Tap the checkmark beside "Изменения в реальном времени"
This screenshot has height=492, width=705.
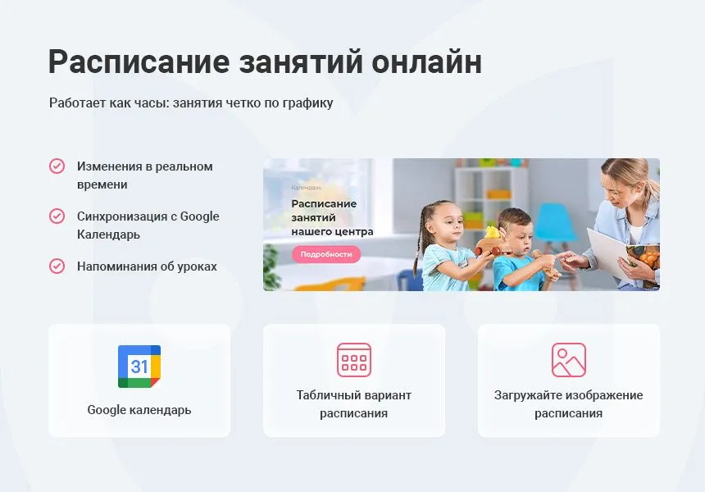click(x=57, y=166)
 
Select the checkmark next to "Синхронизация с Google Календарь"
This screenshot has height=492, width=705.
click(x=57, y=216)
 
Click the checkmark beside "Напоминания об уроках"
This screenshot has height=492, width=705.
click(x=57, y=266)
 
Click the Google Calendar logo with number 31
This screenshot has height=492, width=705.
click(x=139, y=366)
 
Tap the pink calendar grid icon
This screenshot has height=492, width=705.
click(x=354, y=360)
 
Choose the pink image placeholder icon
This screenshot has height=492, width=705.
click(x=569, y=360)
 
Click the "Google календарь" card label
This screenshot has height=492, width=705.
click(x=139, y=409)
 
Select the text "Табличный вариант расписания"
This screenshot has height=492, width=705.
click(x=354, y=404)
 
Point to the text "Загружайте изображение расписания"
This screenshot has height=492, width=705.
click(x=569, y=404)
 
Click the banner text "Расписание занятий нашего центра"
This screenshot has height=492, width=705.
click(x=331, y=217)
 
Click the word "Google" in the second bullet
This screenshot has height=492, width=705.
click(x=199, y=216)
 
